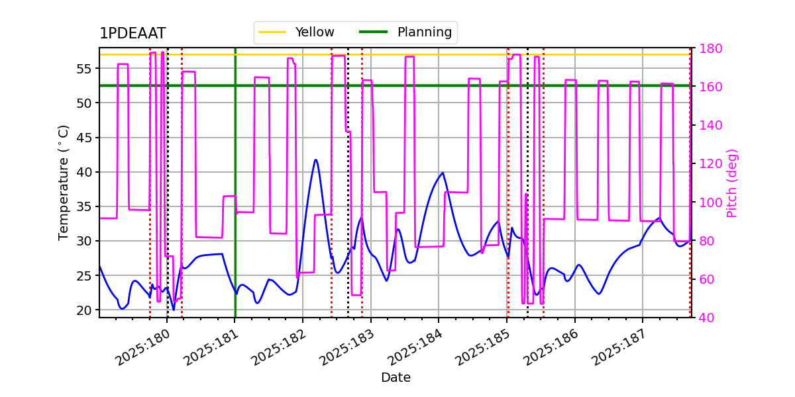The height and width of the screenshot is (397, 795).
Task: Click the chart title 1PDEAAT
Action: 132,34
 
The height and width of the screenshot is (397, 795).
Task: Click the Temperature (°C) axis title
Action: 64,182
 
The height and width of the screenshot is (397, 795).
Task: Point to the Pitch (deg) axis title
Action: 732,183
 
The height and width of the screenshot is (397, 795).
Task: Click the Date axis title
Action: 396,378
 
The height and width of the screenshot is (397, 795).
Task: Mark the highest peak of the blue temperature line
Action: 315,159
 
